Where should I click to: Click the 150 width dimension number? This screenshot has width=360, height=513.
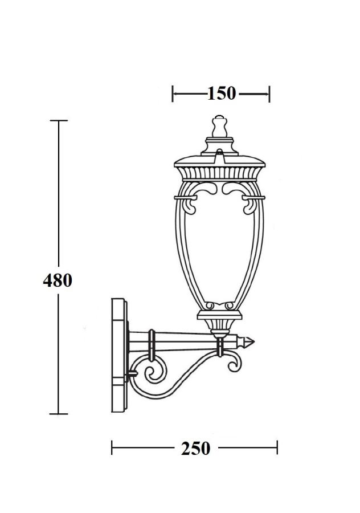coord(222,93)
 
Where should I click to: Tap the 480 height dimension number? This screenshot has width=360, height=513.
coord(58,280)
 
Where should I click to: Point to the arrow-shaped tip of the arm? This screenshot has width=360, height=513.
coord(248,342)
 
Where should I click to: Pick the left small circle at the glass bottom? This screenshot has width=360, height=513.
coord(210,306)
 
